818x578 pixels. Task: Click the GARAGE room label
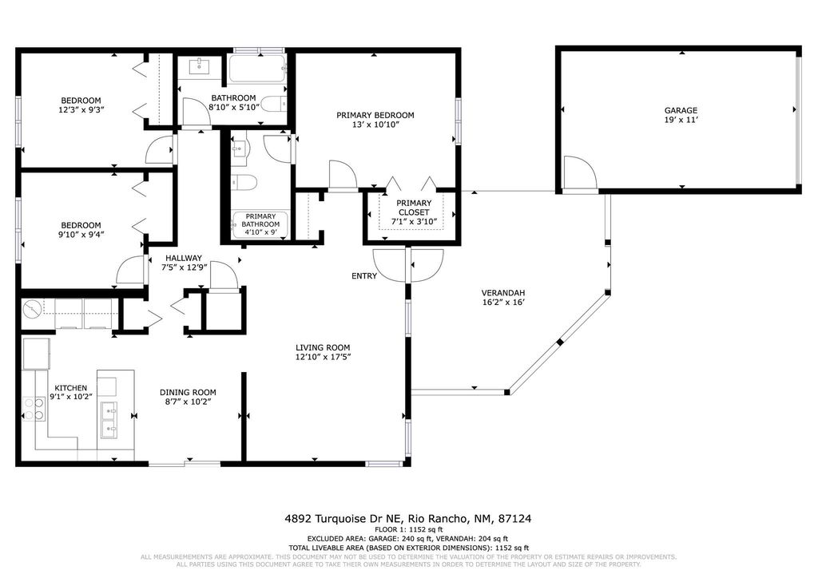(x=681, y=110)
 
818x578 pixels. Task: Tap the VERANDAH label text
(x=502, y=292)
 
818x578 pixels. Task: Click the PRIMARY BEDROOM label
(x=375, y=115)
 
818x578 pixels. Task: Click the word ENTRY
(x=363, y=276)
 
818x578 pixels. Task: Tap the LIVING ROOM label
(x=323, y=347)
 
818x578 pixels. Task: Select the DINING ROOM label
(x=188, y=392)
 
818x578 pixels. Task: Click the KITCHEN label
(x=70, y=388)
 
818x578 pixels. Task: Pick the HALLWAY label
(x=184, y=258)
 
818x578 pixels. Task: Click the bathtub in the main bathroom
(x=256, y=69)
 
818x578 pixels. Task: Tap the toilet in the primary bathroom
(x=244, y=183)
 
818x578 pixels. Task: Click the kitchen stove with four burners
(x=33, y=409)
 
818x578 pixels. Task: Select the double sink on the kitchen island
(x=109, y=421)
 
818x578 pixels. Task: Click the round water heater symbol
(x=33, y=309)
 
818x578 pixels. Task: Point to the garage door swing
(x=578, y=173)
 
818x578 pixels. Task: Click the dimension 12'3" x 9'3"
(x=80, y=109)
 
